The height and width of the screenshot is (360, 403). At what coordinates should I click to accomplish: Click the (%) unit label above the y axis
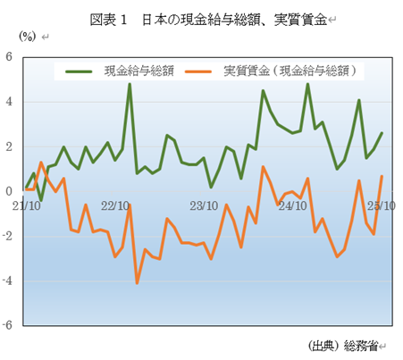pyautogui.click(x=28, y=37)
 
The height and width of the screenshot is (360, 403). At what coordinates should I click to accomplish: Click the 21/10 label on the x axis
pyautogui.click(x=29, y=205)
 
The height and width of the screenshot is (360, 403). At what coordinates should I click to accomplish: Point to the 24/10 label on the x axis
pyautogui.click(x=293, y=205)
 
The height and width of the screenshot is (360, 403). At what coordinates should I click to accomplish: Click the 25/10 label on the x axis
pyautogui.click(x=382, y=205)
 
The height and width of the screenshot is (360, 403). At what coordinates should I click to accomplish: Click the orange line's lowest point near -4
pyautogui.click(x=137, y=283)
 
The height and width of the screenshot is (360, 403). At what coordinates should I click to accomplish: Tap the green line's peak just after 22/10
pyautogui.click(x=130, y=85)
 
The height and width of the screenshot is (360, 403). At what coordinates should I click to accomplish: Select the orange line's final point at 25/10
pyautogui.click(x=382, y=176)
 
